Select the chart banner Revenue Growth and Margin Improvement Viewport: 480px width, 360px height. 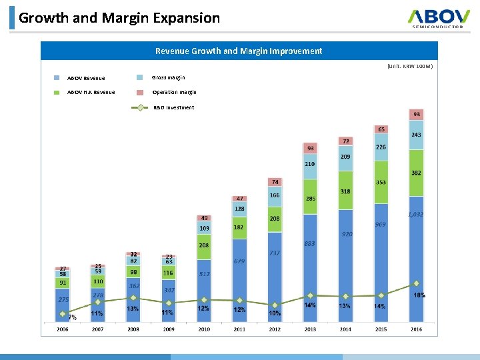pyautogui.click(x=239, y=51)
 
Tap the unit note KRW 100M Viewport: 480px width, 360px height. pyautogui.click(x=409, y=67)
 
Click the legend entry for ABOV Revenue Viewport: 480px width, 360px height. pyautogui.click(x=85, y=78)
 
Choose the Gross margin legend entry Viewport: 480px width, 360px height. pyautogui.click(x=169, y=77)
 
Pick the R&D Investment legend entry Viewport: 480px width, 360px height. pyautogui.click(x=173, y=107)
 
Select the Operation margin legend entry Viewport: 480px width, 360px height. pyautogui.click(x=174, y=93)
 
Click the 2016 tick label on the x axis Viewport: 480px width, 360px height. pyautogui.click(x=416, y=329)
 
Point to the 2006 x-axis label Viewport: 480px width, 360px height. pyautogui.click(x=62, y=329)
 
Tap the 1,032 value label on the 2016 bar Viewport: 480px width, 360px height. pyautogui.click(x=415, y=214)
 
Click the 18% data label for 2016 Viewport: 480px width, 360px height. pyautogui.click(x=419, y=295)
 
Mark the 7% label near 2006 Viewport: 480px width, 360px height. pyautogui.click(x=71, y=317)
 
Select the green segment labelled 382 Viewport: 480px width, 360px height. pyautogui.click(x=416, y=173)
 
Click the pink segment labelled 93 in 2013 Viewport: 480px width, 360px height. pyautogui.click(x=311, y=147)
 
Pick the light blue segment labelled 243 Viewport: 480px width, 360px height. pyautogui.click(x=416, y=135)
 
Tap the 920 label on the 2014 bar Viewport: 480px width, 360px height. pyautogui.click(x=347, y=234)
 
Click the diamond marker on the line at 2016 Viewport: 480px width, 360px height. pyautogui.click(x=416, y=283)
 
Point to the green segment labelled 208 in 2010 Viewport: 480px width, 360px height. pyautogui.click(x=204, y=245)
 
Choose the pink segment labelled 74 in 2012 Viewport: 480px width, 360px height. pyautogui.click(x=275, y=181)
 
